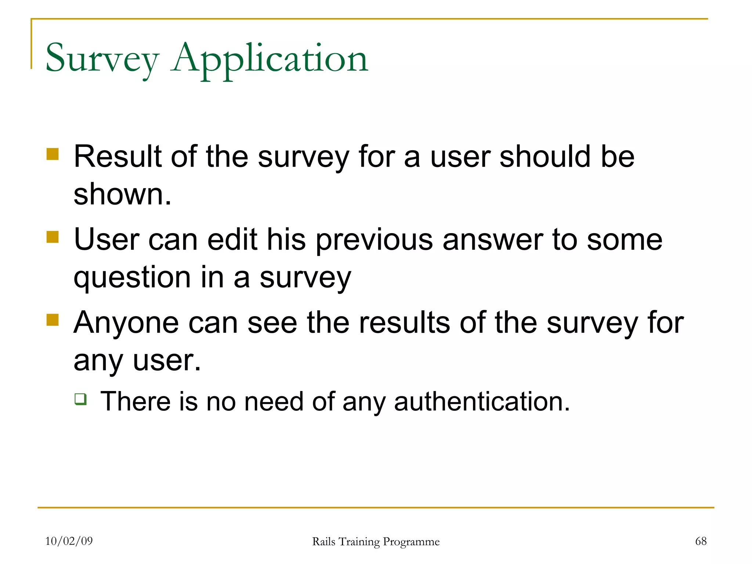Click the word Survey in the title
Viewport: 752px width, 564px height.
102,59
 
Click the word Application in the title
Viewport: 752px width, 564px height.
270,59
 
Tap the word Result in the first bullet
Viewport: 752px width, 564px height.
117,156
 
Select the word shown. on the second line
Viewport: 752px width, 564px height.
122,194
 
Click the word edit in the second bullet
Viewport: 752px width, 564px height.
232,240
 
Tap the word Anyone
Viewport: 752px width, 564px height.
126,323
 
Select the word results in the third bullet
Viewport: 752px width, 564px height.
404,322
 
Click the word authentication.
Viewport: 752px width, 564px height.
482,401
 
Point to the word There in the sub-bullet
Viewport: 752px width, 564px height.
135,401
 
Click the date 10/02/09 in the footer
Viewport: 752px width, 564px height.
69,541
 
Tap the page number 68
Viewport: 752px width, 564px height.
701,541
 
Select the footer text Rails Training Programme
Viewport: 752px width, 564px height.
376,542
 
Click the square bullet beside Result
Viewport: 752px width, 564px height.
53,154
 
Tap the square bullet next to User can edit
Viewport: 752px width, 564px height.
53,237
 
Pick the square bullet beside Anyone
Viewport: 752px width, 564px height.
53,320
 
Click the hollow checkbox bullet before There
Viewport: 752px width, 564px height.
80,399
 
